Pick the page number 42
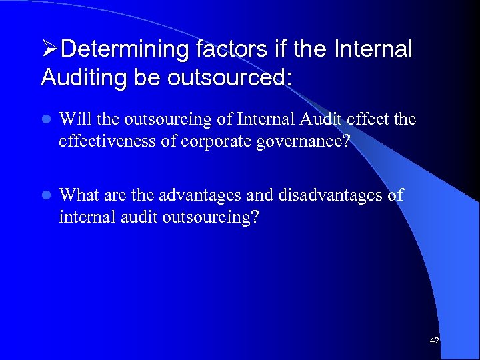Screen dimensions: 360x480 point(434,340)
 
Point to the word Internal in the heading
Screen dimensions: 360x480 point(375,49)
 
